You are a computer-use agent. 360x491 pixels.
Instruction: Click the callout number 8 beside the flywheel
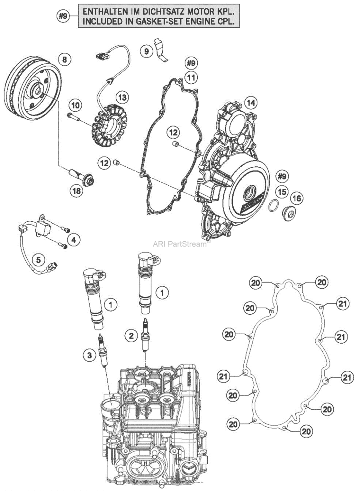click(65, 60)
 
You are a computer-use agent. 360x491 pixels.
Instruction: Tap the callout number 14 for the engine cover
click(251, 103)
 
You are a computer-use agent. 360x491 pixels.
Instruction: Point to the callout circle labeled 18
click(76, 191)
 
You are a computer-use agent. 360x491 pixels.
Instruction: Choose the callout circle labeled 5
click(39, 259)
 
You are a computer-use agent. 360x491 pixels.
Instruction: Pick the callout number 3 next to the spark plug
click(89, 355)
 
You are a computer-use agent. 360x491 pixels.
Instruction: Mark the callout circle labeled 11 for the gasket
click(191, 78)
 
